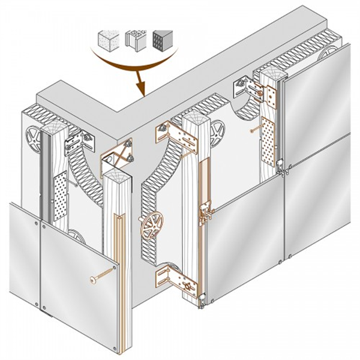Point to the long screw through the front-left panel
point(101,277)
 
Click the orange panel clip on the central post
point(206,214)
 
